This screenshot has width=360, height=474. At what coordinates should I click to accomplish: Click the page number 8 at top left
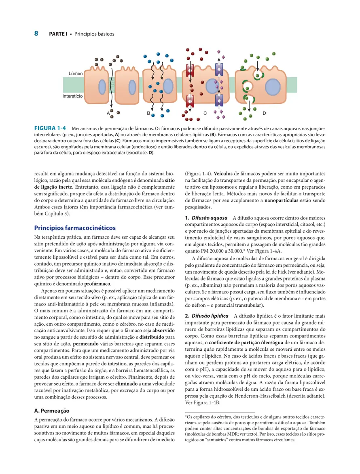click(36, 34)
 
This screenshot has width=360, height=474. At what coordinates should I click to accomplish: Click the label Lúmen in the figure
click(76, 74)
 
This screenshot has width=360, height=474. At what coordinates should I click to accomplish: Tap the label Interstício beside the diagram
click(72, 96)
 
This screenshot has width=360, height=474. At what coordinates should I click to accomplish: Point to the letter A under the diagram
click(108, 113)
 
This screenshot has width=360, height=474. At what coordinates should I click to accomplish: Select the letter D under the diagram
click(264, 113)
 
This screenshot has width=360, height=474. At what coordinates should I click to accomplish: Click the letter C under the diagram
click(205, 113)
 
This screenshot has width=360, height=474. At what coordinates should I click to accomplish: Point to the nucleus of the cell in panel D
click(271, 86)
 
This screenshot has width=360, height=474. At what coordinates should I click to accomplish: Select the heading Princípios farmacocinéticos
click(75, 228)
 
